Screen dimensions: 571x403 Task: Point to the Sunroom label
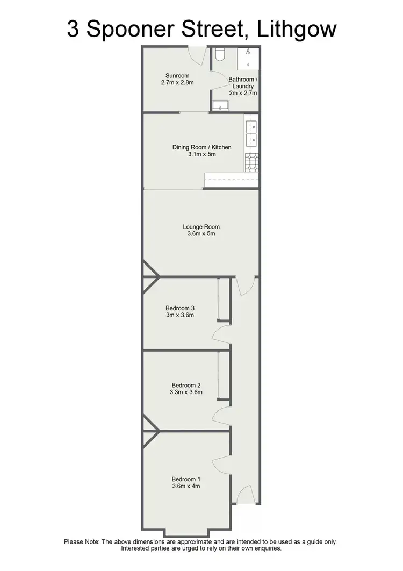[176, 75]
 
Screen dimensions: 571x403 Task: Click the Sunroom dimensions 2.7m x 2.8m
[176, 83]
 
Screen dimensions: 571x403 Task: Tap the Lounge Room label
[201, 226]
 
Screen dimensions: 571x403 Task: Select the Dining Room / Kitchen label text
[201, 147]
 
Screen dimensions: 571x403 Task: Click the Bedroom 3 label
[180, 308]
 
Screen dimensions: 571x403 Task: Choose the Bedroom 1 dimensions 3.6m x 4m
[186, 486]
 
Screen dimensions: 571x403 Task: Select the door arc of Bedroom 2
[222, 415]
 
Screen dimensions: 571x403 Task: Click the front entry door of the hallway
[244, 494]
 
